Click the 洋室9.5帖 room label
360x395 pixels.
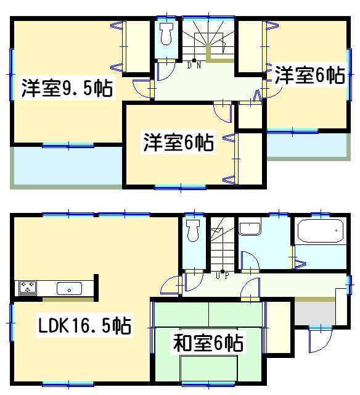coord(67,89)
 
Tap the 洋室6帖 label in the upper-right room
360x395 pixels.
coord(309,76)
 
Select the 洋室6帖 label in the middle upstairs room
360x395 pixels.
coord(179,143)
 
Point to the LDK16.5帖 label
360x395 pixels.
coord(85,325)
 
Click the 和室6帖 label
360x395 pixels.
coord(207,341)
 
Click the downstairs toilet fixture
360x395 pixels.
coord(192,232)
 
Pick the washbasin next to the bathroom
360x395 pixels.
coord(251,229)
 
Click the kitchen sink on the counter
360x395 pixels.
coord(68,288)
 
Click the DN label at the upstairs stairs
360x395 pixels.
coord(194,65)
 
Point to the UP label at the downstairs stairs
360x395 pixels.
coord(223,276)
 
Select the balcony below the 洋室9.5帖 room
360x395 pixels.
coord(67,165)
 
